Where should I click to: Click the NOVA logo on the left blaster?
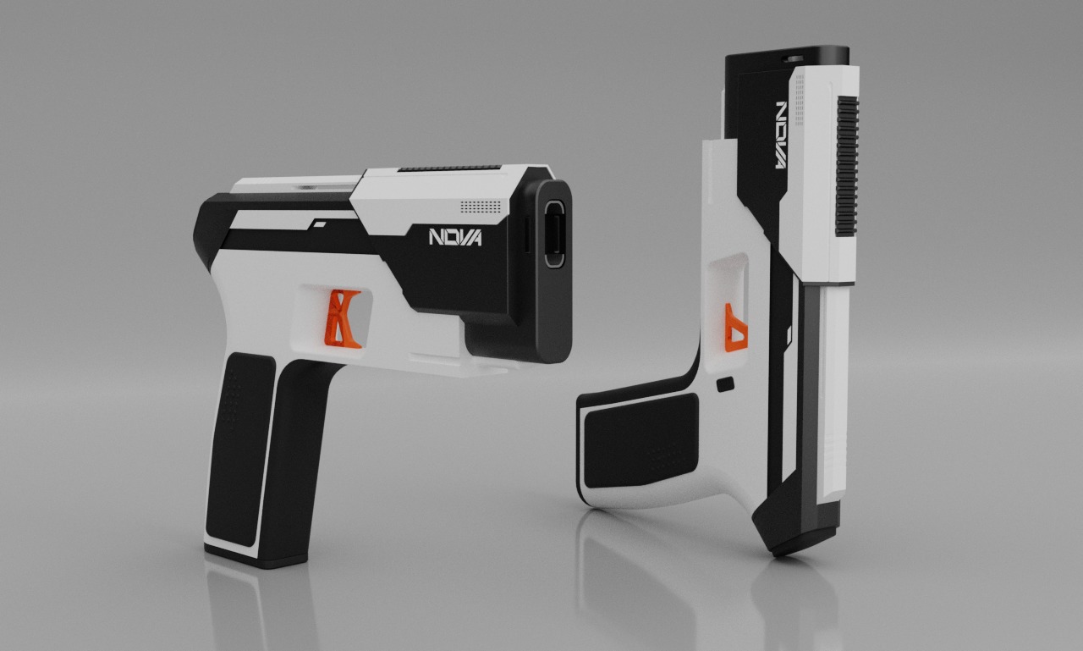(x=455, y=237)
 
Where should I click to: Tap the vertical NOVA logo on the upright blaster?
(x=781, y=135)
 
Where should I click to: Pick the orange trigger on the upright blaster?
(x=735, y=328)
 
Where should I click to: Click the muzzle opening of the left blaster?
(x=556, y=234)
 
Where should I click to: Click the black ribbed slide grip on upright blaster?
(x=846, y=166)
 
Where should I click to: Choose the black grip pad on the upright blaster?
(x=640, y=440)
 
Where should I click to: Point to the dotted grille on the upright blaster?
(x=799, y=90)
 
